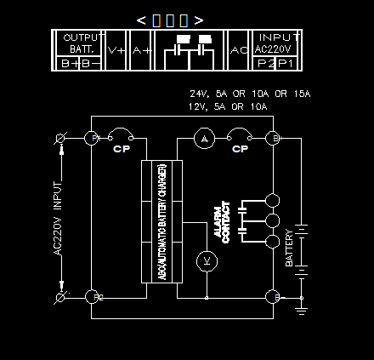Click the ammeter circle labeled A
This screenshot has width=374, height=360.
tap(202, 138)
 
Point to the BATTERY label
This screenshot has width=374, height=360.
tap(289, 248)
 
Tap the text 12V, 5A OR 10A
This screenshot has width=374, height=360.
tap(228, 107)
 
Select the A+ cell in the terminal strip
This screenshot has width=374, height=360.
tap(141, 50)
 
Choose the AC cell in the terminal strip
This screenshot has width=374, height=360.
tap(240, 50)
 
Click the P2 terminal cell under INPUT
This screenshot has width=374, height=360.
tap(265, 62)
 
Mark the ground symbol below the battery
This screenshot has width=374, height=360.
tap(301, 308)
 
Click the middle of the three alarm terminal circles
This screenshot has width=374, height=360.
tap(273, 221)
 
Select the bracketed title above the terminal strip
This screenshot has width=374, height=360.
tap(170, 20)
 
